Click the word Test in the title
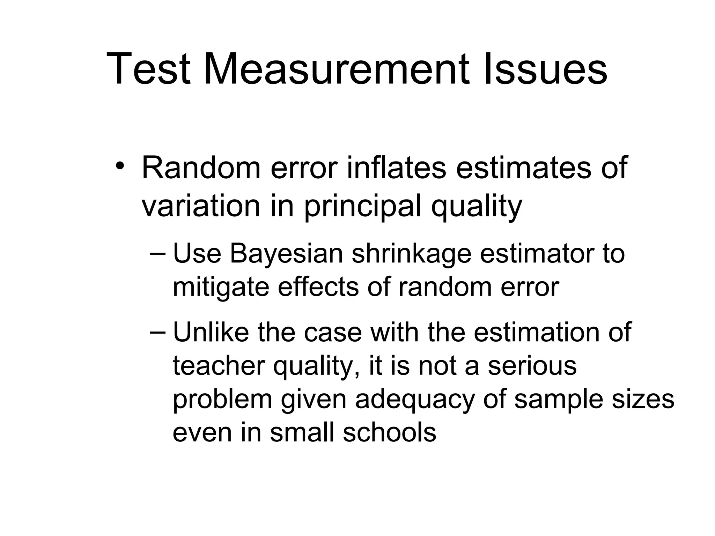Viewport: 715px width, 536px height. (x=148, y=69)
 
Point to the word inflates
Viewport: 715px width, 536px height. (x=397, y=168)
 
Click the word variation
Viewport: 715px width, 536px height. (x=201, y=206)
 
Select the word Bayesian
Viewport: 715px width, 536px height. (x=286, y=254)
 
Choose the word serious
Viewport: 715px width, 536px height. (x=532, y=366)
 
